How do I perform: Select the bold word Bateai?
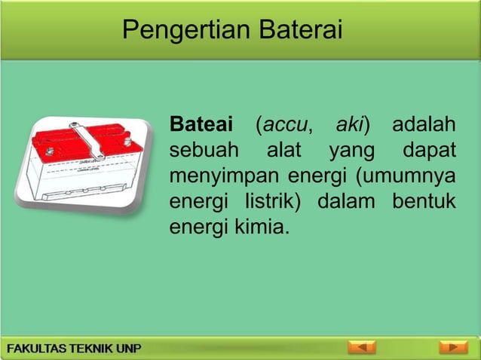coord(201,124)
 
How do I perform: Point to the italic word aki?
coord(351,124)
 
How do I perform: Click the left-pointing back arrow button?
coord(361,348)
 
